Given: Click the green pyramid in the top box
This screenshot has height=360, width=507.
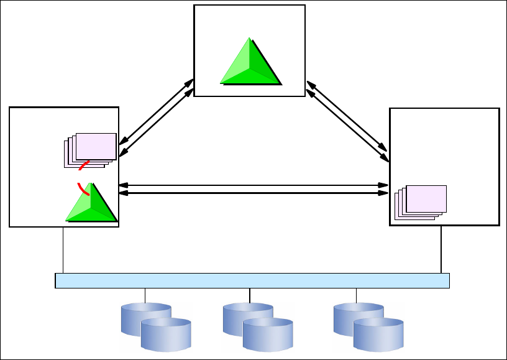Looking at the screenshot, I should (x=250, y=63).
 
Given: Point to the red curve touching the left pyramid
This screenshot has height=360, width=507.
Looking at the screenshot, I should (x=82, y=188).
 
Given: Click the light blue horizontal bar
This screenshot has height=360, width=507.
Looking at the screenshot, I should (x=252, y=280).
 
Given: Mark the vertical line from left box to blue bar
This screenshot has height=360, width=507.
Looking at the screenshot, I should (x=63, y=250).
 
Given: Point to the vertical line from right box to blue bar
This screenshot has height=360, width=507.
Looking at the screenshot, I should (x=441, y=249).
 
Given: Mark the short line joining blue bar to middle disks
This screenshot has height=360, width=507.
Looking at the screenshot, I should (x=250, y=295).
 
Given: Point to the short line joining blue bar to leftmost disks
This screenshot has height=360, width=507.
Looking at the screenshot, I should (x=145, y=295).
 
